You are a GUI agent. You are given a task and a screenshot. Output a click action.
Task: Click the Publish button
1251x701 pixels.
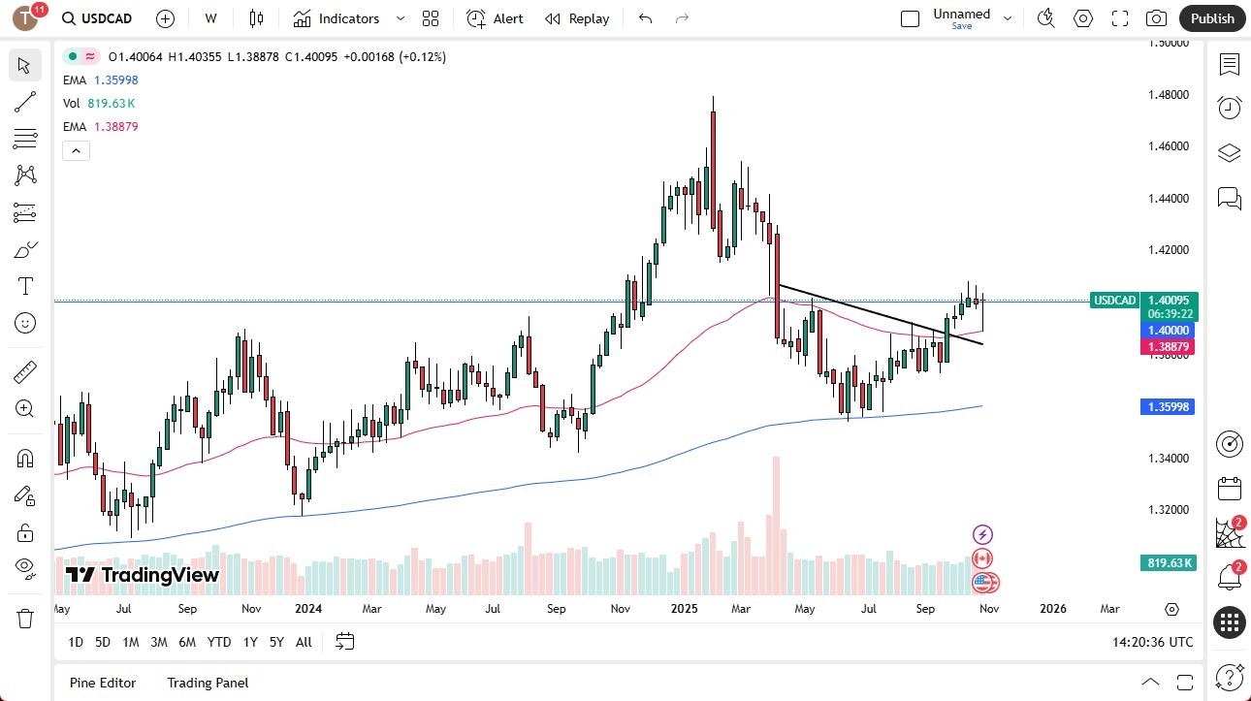[x=1212, y=18]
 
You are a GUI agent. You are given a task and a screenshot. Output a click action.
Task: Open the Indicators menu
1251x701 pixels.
[x=337, y=18]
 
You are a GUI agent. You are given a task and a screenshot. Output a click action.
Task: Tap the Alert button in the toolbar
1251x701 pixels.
[x=495, y=18]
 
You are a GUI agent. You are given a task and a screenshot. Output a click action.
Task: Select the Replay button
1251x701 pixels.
[x=577, y=18]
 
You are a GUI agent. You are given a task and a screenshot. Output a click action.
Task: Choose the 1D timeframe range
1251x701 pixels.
[x=76, y=642]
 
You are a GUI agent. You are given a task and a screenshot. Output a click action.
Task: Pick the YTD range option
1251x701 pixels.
[x=219, y=642]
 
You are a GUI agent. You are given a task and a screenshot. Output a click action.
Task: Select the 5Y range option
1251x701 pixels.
[x=276, y=642]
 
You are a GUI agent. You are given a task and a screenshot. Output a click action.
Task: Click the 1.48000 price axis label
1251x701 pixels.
[x=1170, y=95]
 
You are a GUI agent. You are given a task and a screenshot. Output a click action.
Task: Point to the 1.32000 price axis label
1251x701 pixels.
[x=1170, y=510]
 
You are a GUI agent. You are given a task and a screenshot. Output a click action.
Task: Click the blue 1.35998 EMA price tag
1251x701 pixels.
[x=1169, y=407]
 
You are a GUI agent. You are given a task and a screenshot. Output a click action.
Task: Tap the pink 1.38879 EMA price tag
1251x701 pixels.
[x=1169, y=346]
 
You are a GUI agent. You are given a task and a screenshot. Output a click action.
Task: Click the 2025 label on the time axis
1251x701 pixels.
[x=685, y=609]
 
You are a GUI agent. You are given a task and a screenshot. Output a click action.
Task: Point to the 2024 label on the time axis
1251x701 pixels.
[x=309, y=609]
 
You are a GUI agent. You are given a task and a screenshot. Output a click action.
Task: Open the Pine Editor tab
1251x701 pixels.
[x=103, y=683]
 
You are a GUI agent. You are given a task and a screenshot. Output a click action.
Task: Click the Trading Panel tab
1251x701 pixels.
[x=208, y=683]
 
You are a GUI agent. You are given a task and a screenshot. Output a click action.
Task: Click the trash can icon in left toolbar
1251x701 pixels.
[x=25, y=618]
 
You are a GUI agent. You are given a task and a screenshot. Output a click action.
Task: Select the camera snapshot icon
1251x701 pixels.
[x=1156, y=18]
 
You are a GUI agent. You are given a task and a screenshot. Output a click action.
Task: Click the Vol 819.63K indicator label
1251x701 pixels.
[x=99, y=103]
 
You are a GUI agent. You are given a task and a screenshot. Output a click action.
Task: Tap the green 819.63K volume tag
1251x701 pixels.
[x=1169, y=562]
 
